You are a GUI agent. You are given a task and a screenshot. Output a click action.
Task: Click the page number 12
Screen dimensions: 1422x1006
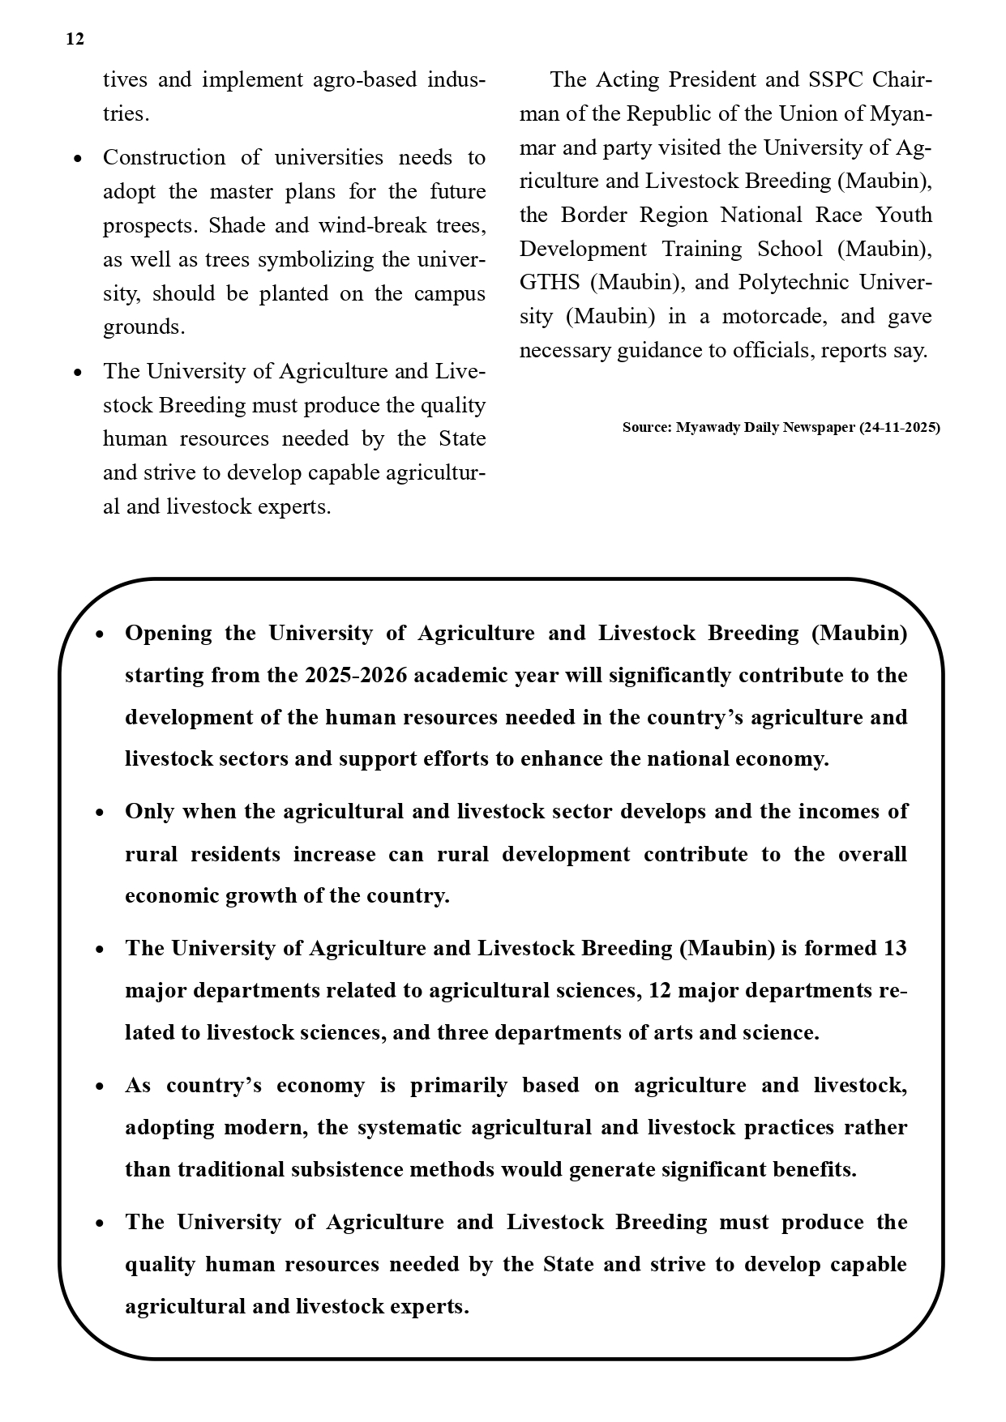point(75,39)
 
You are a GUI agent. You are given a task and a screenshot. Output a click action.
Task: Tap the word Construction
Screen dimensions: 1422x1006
point(164,157)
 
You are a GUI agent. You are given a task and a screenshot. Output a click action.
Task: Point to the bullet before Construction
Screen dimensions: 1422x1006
point(78,159)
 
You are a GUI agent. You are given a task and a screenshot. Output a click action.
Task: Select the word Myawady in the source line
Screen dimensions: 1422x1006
point(704,427)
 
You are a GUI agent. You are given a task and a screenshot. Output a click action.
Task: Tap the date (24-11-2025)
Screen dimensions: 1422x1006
point(899,427)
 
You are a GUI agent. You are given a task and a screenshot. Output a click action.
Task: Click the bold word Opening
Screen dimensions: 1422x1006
point(168,633)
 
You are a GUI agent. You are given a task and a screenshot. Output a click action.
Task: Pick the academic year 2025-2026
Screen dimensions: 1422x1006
point(356,675)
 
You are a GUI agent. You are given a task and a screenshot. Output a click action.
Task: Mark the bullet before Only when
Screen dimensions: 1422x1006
point(100,813)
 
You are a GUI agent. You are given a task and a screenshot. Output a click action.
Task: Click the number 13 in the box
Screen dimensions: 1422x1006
point(894,948)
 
